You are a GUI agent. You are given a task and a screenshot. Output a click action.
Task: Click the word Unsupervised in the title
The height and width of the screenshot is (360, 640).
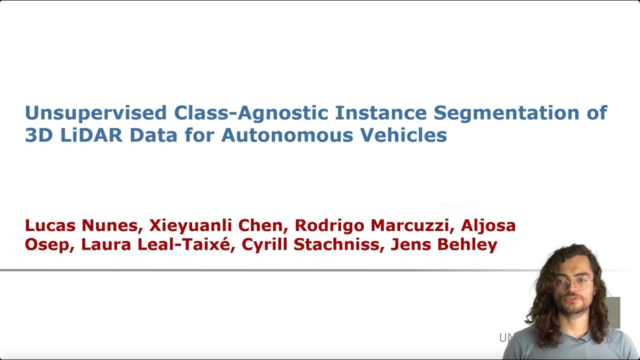point(95,113)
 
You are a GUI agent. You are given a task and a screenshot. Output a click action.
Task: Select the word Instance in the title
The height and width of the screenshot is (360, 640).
point(380,113)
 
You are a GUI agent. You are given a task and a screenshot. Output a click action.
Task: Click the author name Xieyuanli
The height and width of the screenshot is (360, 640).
point(190,225)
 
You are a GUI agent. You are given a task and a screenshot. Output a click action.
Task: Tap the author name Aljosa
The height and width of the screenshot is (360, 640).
point(488,225)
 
